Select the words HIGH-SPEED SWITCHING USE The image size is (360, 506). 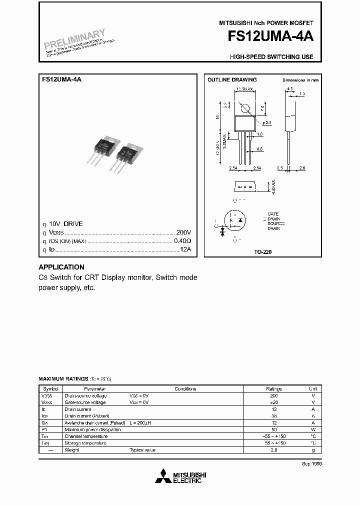point(271,57)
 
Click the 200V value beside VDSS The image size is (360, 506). point(183,232)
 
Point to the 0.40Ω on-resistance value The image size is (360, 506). point(182,241)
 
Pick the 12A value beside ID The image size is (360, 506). point(185,249)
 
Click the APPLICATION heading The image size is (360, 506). point(61,267)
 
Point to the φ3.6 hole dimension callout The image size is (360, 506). point(266,122)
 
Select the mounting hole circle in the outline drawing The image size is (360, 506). point(245,108)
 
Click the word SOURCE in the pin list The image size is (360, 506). point(276,223)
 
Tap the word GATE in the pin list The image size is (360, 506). point(272,214)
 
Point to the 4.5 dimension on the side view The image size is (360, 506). point(289,89)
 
